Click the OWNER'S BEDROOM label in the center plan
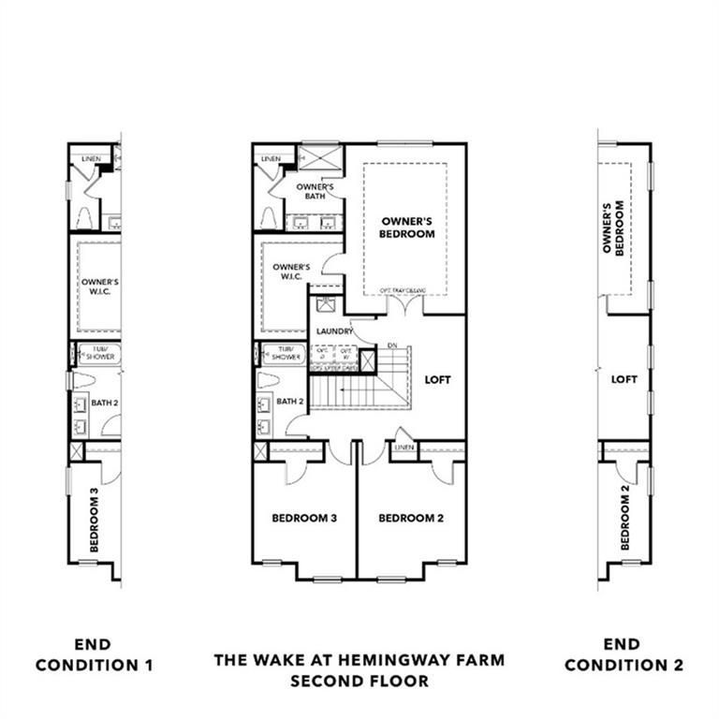point(407,227)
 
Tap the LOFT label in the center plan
point(437,380)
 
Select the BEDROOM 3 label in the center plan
point(304,518)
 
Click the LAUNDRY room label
point(334,332)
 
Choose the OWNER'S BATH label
point(310,192)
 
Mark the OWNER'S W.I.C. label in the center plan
point(290,272)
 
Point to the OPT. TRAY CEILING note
point(403,292)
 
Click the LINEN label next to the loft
point(404,448)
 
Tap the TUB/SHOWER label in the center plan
point(281,354)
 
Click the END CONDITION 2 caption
point(624,655)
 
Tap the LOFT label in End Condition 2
point(624,380)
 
